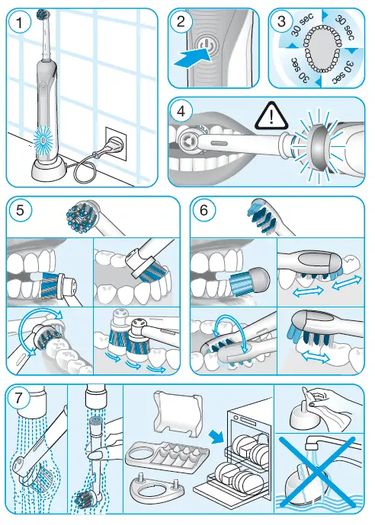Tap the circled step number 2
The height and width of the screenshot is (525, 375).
[181, 22]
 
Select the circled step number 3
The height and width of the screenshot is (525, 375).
[283, 23]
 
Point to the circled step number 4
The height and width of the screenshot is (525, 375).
[181, 111]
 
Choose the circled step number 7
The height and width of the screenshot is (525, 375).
[22, 398]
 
